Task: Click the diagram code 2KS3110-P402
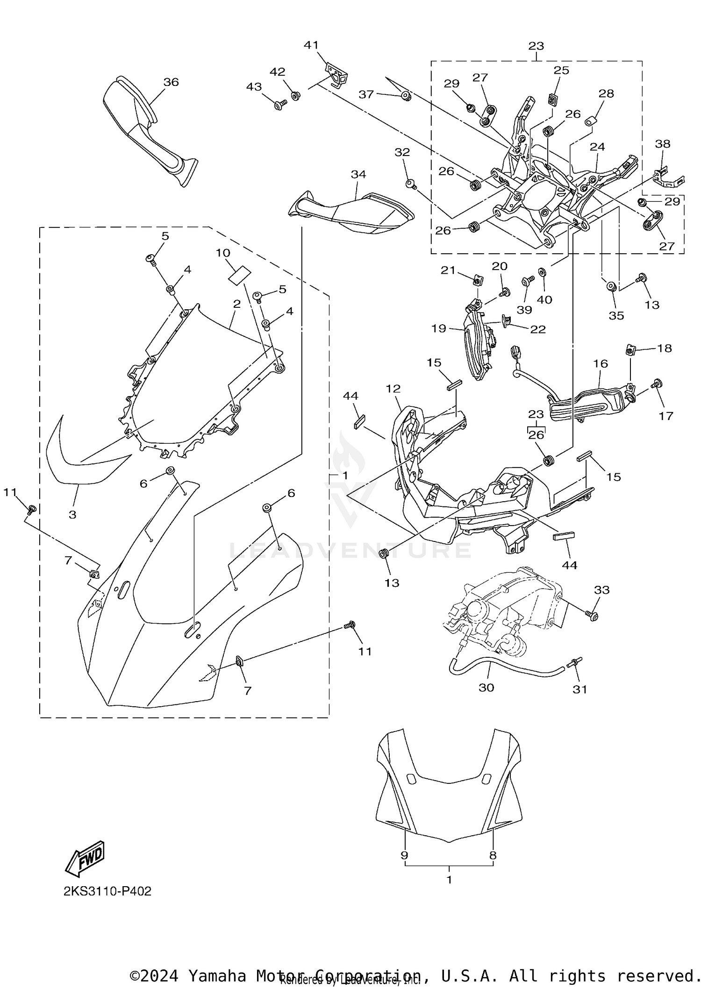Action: pos(107,891)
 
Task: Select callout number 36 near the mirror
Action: pos(171,82)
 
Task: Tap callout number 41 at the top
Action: pos(311,45)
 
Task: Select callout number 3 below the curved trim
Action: pos(72,515)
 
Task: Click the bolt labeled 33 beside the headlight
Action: pos(592,615)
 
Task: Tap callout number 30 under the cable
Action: pos(486,688)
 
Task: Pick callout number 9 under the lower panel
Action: pos(405,855)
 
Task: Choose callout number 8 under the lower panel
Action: pos(493,855)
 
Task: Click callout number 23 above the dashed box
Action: pos(536,46)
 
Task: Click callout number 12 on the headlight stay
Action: pos(393,389)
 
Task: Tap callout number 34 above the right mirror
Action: pos(358,174)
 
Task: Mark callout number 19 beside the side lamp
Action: pos(439,328)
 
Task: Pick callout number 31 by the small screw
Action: pos(580,689)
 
